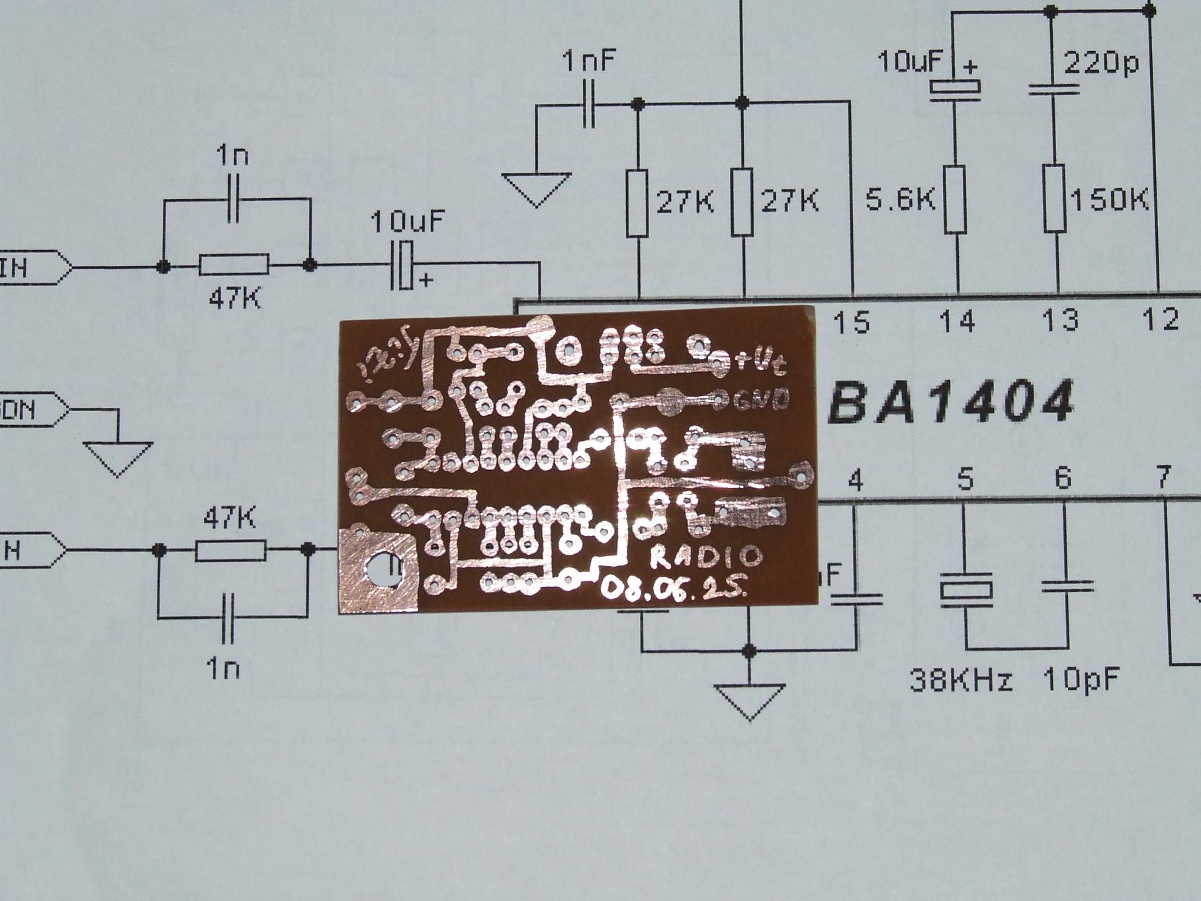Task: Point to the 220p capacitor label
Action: pos(1101,64)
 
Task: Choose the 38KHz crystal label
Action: pos(961,681)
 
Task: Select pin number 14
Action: pos(957,322)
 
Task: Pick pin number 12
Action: pos(1161,320)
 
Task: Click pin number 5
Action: pos(965,480)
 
